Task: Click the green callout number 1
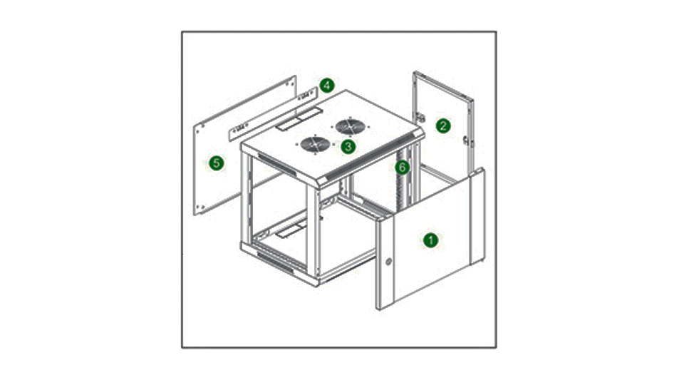tap(430, 240)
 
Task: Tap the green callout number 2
tap(443, 126)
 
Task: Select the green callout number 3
tap(348, 146)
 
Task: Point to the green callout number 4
tap(326, 86)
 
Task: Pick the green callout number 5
tap(216, 163)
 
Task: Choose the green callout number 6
tap(402, 168)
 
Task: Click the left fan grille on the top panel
tap(314, 143)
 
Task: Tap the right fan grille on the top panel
tap(350, 127)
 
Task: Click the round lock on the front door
tap(388, 263)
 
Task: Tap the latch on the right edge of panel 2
tap(467, 140)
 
